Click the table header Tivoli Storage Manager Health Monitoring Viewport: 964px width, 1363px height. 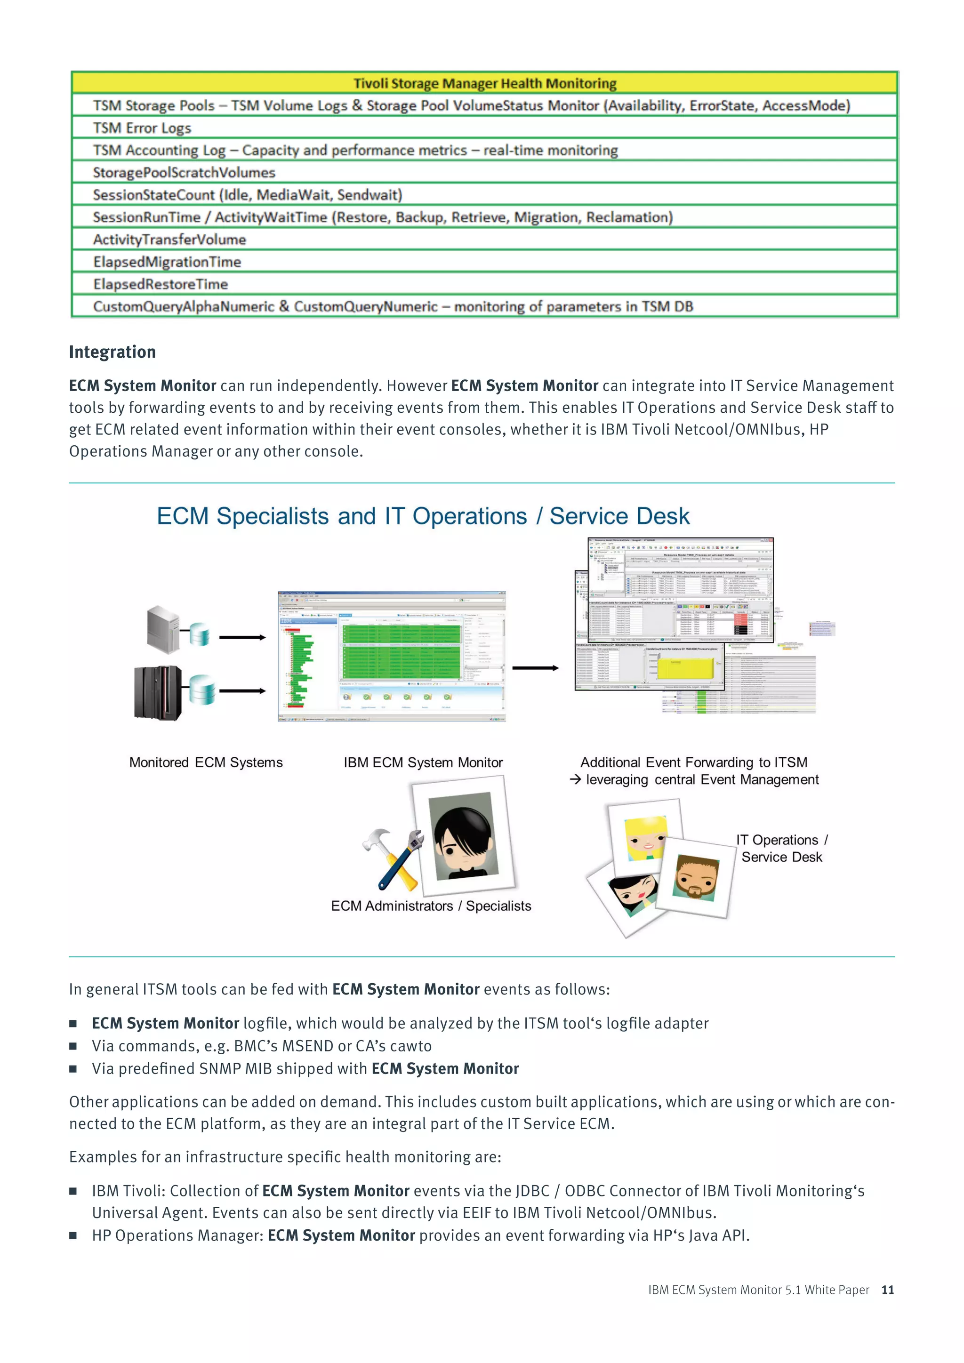point(484,83)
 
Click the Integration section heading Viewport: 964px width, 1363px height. point(112,352)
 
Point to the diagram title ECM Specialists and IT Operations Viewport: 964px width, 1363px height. point(423,516)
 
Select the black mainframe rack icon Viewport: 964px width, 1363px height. point(158,692)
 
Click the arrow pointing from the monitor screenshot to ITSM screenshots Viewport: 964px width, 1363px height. point(535,668)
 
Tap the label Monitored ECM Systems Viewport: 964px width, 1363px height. point(206,762)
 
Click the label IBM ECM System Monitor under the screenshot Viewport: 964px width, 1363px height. point(423,762)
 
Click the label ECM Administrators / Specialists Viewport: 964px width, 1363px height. point(431,906)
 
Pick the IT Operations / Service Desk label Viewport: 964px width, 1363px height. point(782,848)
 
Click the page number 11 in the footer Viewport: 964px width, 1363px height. point(887,1290)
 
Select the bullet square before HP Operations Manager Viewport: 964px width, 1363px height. point(73,1235)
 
